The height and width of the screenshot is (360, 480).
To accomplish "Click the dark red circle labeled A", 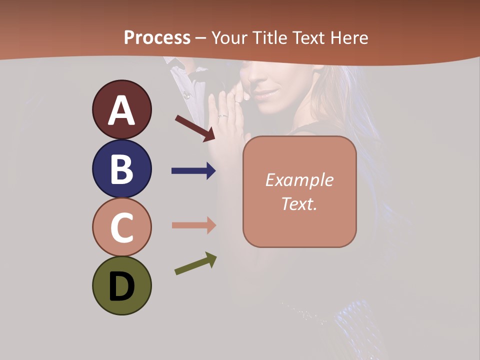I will click(121, 109).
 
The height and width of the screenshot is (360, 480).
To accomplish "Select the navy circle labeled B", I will click(121, 168).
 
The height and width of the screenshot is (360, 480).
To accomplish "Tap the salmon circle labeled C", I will click(121, 227).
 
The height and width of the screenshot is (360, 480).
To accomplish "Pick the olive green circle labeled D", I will click(121, 285).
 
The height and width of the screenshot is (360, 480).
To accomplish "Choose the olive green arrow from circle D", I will click(195, 263).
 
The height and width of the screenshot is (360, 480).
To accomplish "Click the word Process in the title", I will click(157, 37).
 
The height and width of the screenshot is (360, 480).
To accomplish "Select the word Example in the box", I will click(299, 180).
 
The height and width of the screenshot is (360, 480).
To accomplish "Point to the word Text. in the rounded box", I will click(299, 203).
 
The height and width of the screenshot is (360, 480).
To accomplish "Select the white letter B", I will click(121, 168).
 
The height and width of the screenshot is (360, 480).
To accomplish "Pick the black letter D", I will click(121, 286).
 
